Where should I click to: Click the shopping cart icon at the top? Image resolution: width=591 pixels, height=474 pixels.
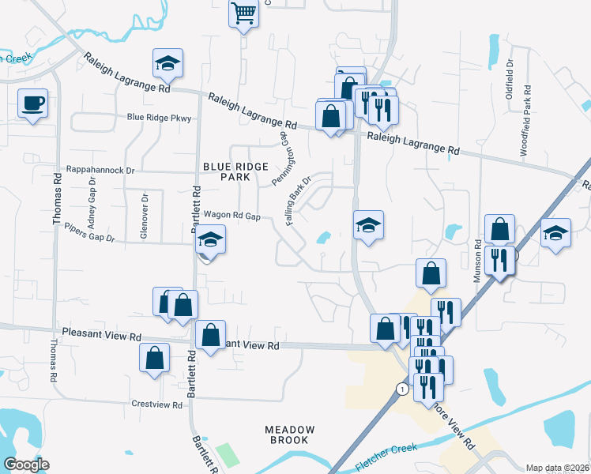244,13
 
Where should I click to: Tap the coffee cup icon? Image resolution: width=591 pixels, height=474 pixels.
32,103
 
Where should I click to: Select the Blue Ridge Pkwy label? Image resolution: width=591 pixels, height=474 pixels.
160,118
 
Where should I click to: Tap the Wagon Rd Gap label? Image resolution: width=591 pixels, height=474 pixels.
232,215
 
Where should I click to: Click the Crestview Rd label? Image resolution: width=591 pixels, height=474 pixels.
158,404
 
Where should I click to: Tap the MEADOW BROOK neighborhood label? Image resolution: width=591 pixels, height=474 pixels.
290,434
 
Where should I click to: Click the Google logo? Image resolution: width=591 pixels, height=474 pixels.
26,465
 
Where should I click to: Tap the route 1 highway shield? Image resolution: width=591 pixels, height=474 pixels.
402,389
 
